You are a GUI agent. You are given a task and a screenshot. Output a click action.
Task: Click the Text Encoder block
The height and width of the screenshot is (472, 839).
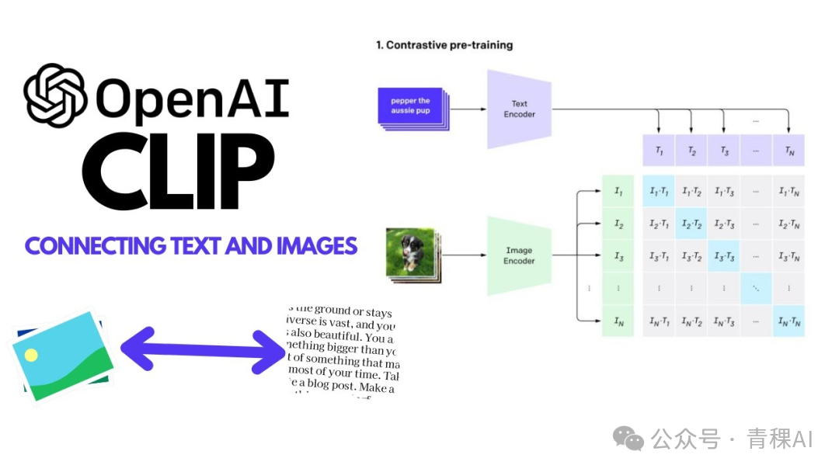pyautogui.click(x=519, y=109)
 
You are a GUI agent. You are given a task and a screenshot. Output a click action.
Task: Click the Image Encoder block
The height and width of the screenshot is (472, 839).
pyautogui.click(x=519, y=256)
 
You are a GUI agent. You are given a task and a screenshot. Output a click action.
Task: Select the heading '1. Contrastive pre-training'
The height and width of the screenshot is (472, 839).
pyautogui.click(x=444, y=45)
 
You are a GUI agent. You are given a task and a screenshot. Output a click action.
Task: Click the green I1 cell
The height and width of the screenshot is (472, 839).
pyautogui.click(x=618, y=192)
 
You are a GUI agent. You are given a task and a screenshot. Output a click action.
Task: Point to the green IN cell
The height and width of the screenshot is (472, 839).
pyautogui.click(x=618, y=321)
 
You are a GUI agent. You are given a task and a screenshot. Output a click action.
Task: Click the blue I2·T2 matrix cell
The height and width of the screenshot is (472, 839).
pyautogui.click(x=691, y=224)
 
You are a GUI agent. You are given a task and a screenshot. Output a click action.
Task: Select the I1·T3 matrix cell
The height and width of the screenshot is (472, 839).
pyautogui.click(x=724, y=192)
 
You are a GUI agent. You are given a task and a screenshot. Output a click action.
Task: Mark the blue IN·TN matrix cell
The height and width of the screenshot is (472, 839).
pyautogui.click(x=789, y=321)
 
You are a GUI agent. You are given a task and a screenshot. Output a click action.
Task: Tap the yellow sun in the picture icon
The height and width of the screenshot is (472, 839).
pyautogui.click(x=31, y=355)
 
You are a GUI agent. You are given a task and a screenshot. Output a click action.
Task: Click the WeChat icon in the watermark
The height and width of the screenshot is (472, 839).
pyautogui.click(x=628, y=439)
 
